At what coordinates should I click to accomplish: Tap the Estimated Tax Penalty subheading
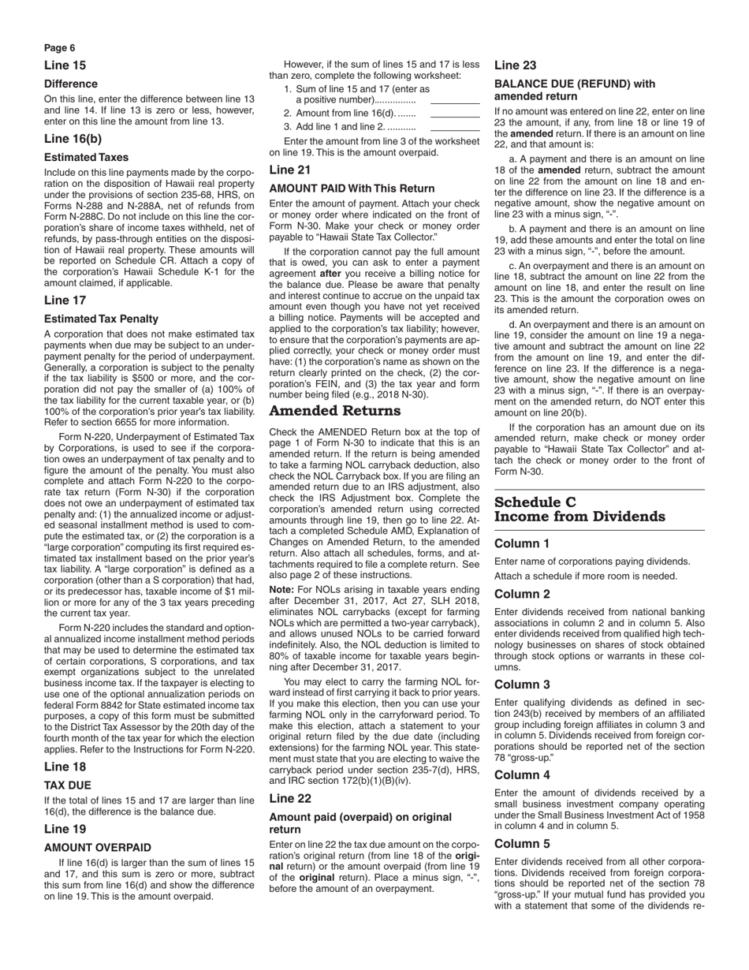(101, 319)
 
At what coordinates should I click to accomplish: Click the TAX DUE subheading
(68, 785)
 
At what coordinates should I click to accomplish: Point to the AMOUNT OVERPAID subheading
(98, 847)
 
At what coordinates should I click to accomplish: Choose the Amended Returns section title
(335, 411)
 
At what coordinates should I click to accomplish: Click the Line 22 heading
(290, 798)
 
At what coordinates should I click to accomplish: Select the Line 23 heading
(515, 65)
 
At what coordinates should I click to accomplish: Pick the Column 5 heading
(522, 843)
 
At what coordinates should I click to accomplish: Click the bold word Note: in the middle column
(281, 589)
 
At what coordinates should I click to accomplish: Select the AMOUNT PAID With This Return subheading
(352, 188)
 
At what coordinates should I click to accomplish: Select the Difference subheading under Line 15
(71, 84)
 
